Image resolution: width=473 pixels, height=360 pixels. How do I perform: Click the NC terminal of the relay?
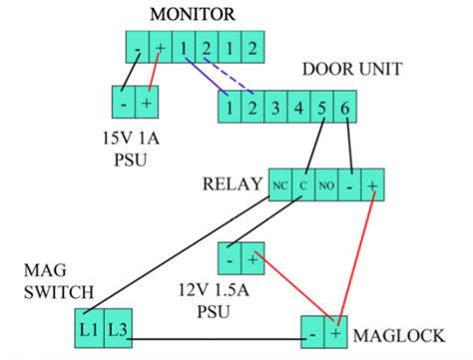click(279, 184)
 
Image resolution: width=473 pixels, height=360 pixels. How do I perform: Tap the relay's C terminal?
click(302, 184)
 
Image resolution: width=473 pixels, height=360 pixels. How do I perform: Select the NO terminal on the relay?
click(325, 184)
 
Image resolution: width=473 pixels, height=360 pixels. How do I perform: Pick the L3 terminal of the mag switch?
click(117, 328)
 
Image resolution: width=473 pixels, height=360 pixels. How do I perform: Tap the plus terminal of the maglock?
click(336, 331)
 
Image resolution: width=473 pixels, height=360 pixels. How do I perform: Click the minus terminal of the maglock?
click(312, 331)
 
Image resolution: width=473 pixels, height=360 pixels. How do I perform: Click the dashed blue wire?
click(227, 82)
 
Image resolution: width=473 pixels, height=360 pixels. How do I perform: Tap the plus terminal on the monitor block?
click(160, 47)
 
